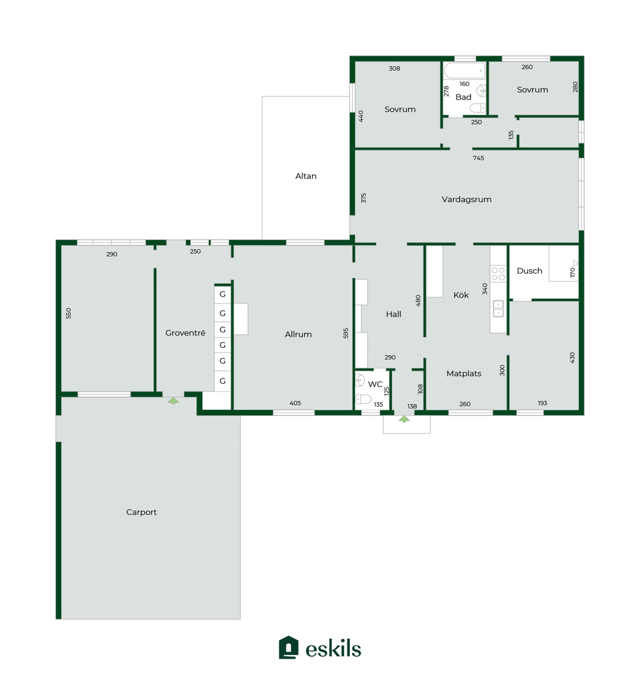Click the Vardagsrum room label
(466, 199)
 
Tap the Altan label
(306, 176)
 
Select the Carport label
(141, 512)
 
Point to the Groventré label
(185, 333)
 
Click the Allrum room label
(298, 334)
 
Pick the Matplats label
(464, 374)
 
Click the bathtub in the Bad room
(464, 71)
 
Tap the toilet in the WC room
(363, 399)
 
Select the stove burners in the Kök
(498, 274)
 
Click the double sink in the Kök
(498, 308)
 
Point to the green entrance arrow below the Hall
(404, 419)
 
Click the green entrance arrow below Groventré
(173, 401)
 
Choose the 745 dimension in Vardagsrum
(478, 158)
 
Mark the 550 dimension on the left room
(69, 313)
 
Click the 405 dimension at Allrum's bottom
(295, 403)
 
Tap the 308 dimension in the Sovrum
(394, 68)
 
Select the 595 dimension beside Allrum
(346, 333)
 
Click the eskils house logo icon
(289, 647)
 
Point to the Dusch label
(529, 271)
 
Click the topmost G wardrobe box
(222, 294)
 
